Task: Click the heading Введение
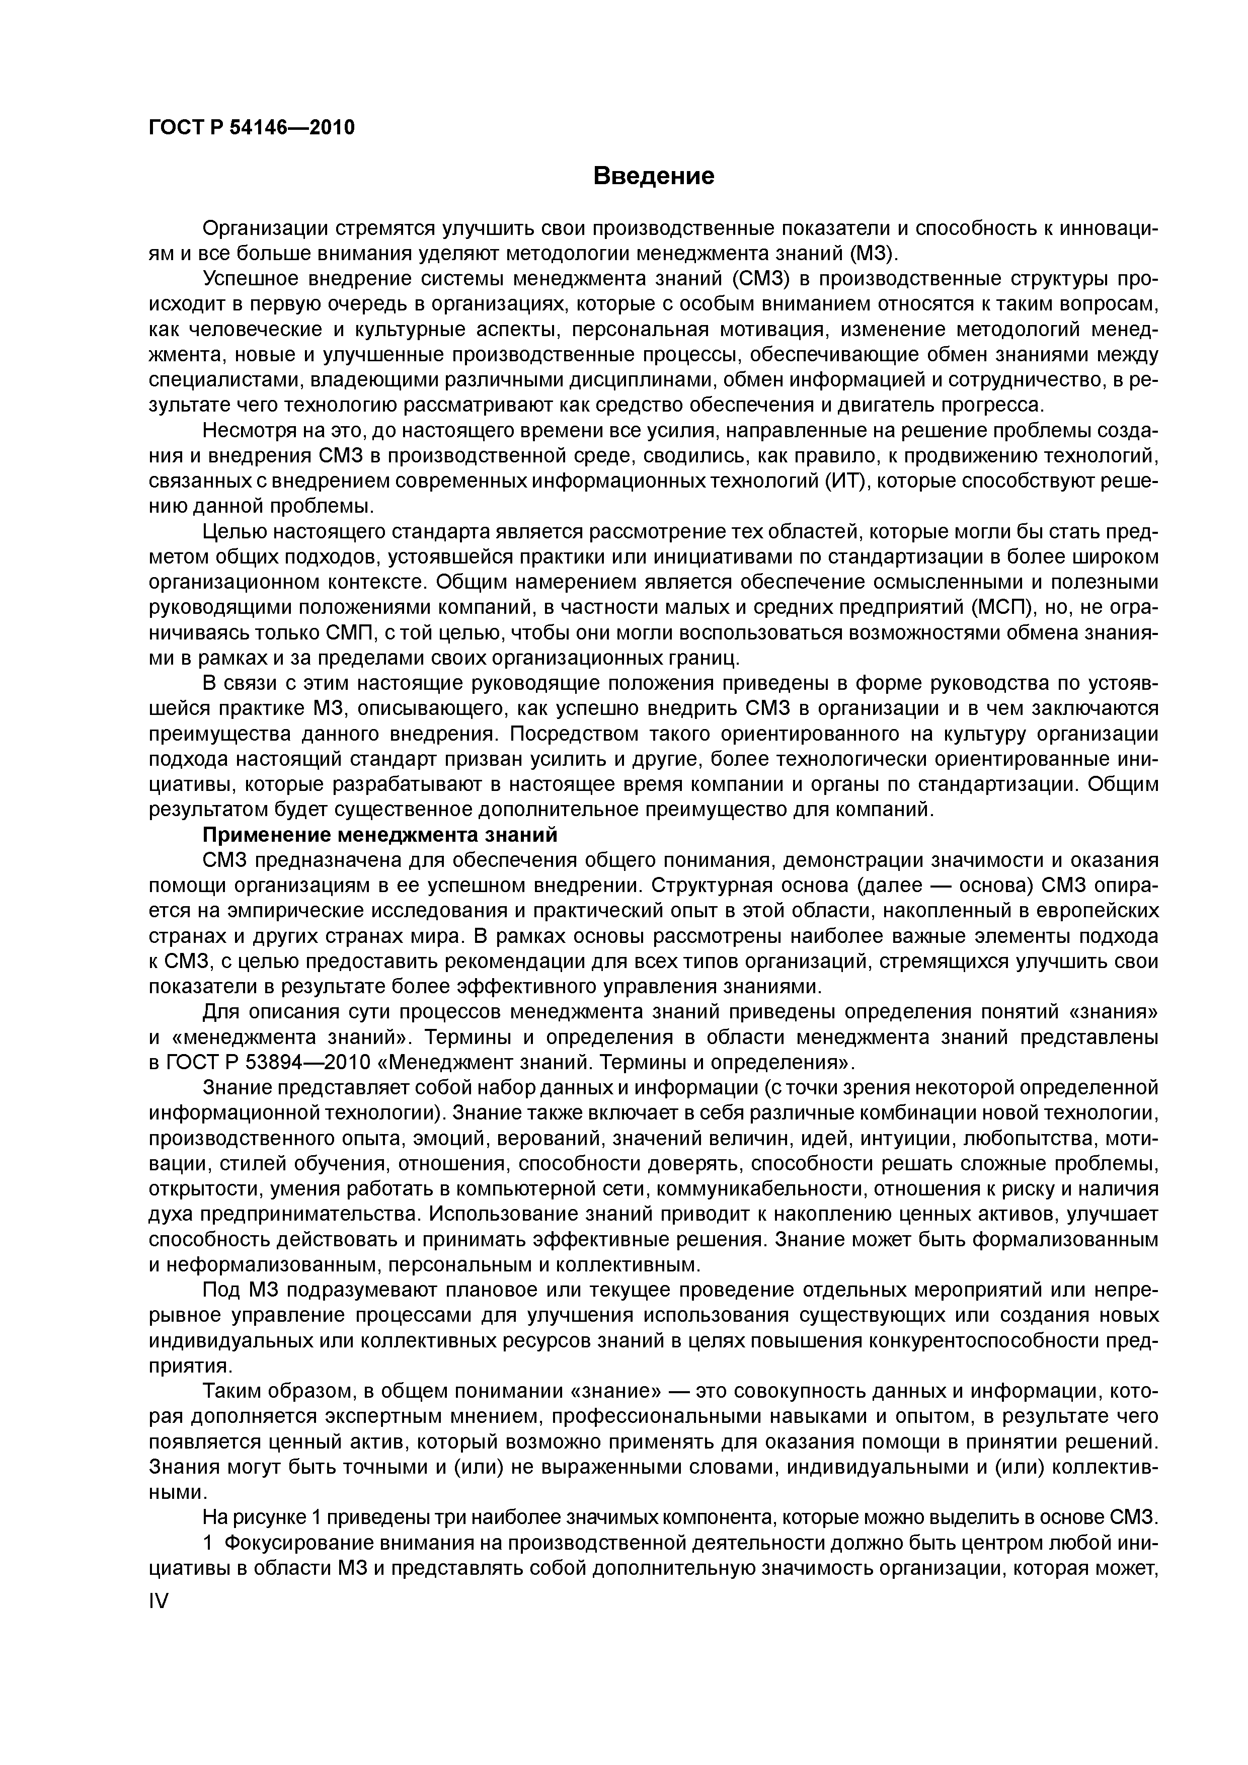pyautogui.click(x=654, y=176)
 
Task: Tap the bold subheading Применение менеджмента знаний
pyautogui.click(x=379, y=835)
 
